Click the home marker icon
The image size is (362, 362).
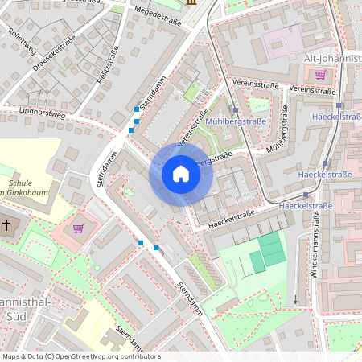click(181, 174)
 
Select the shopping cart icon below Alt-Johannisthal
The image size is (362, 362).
click(321, 75)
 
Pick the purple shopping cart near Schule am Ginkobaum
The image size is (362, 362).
click(78, 228)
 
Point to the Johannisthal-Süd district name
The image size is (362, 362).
click(24, 308)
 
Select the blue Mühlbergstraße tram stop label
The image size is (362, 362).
click(236, 121)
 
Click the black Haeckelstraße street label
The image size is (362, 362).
click(231, 217)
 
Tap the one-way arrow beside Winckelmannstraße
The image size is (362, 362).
click(295, 301)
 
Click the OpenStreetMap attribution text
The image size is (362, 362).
click(80, 356)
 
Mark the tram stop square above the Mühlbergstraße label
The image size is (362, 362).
click(236, 109)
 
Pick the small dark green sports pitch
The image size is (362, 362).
click(256, 261)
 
